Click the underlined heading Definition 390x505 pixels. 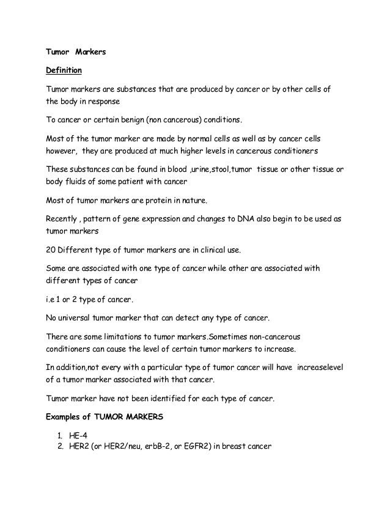click(x=65, y=72)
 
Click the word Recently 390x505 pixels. click(x=65, y=218)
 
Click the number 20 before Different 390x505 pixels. click(x=53, y=250)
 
